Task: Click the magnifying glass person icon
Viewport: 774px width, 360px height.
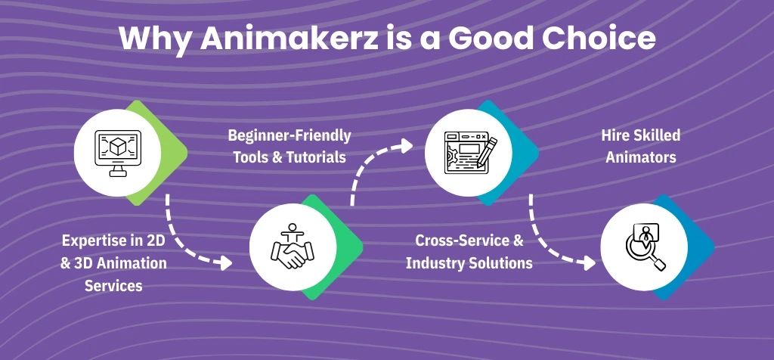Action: [643, 247]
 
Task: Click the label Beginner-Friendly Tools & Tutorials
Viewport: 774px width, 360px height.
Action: [289, 146]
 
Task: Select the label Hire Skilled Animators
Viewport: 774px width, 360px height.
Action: [640, 146]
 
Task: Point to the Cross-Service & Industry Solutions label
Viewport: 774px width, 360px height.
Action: [469, 252]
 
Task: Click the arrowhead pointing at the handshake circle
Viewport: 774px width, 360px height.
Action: [224, 263]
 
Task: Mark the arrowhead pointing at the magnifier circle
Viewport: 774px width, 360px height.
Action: [588, 263]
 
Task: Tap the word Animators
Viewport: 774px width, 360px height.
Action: [640, 157]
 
